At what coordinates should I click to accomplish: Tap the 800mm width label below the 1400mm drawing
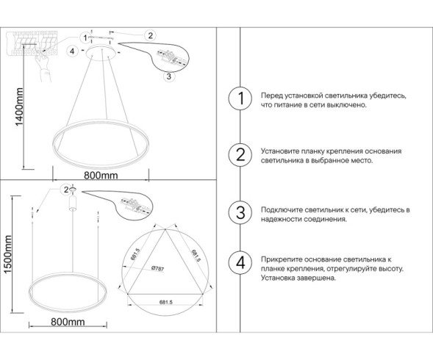point(101,176)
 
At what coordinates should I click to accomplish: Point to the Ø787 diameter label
point(157,268)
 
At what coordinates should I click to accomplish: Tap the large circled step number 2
point(237,155)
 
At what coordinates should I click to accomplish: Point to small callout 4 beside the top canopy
point(71,51)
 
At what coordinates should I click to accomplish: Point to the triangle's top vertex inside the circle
point(165,228)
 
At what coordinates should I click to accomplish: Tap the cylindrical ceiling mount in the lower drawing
point(73,201)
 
